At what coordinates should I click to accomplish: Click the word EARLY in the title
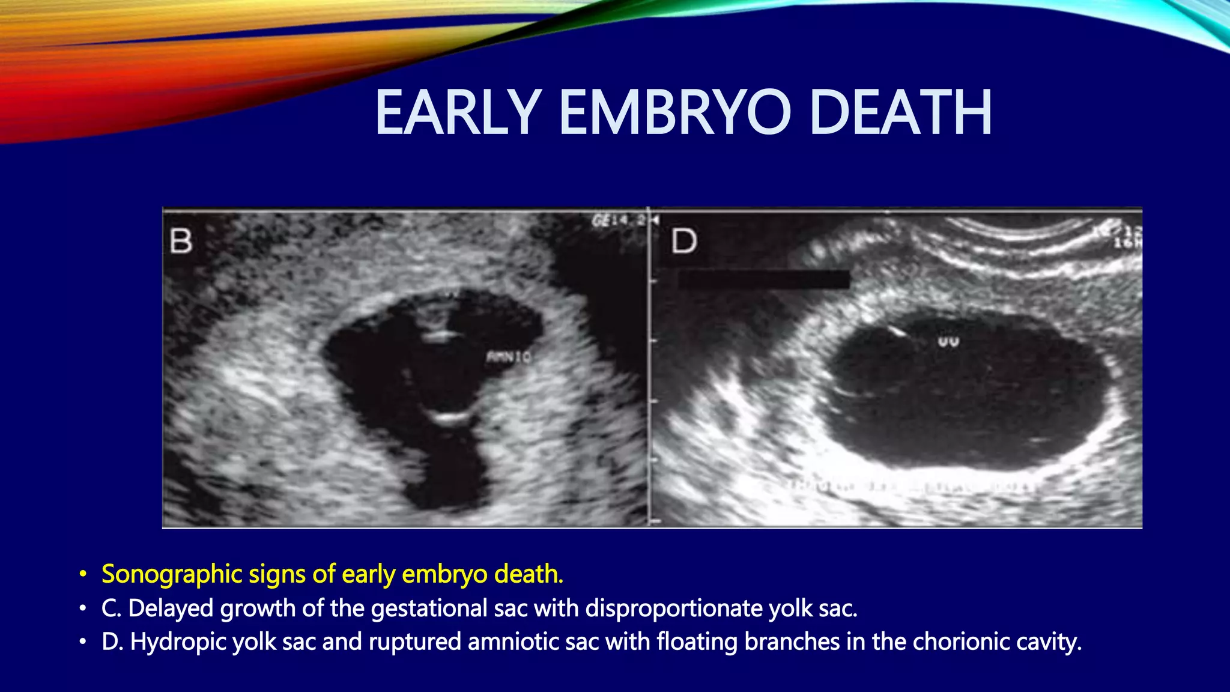coord(458,113)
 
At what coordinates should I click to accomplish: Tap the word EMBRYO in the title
coord(675,113)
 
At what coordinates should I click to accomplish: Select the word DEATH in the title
coord(900,113)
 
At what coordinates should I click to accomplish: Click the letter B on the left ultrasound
coord(181,241)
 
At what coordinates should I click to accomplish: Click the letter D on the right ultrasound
coord(683,241)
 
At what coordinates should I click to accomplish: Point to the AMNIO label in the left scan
coord(508,357)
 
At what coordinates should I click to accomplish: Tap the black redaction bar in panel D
coord(763,279)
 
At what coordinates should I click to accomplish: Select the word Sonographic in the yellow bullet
coord(172,574)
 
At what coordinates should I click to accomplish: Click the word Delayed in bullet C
coord(171,609)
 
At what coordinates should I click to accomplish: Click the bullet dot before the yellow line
coord(83,575)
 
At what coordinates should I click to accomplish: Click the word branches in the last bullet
coord(792,642)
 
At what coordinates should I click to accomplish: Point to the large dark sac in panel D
coord(967,396)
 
